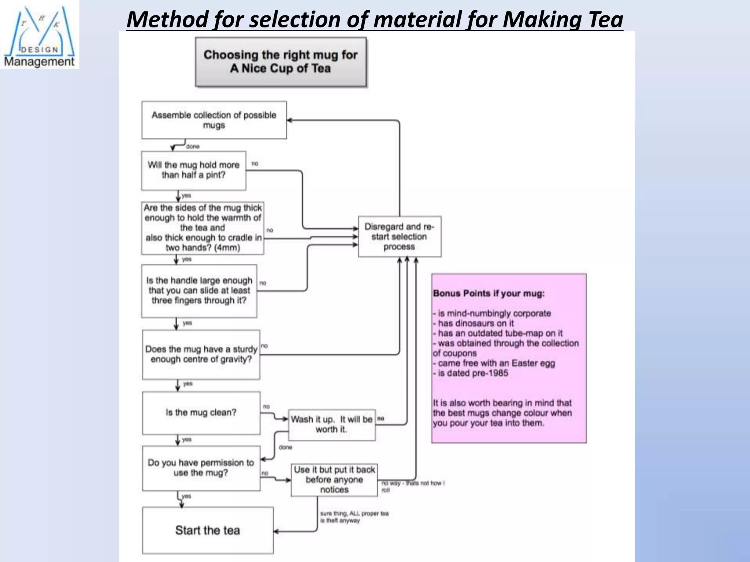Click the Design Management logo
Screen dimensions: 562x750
39,35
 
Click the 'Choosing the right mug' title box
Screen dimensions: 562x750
281,62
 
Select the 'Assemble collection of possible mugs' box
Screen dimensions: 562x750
214,120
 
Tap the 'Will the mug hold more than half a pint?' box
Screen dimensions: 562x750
193,170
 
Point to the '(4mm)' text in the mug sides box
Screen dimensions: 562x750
227,248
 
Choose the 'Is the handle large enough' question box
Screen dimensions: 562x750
199,291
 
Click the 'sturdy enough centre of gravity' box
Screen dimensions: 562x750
201,354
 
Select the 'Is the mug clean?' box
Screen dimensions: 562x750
201,413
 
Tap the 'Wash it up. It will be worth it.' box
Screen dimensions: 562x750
331,424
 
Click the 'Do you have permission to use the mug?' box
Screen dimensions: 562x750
201,468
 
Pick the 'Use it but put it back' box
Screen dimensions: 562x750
334,479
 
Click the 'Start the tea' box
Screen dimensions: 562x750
208,530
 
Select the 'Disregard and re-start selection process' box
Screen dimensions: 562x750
399,236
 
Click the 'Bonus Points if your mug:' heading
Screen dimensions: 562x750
489,293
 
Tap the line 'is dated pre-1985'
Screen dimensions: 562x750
472,373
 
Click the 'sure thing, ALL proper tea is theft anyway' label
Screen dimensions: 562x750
354,517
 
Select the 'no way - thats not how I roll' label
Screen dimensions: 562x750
412,486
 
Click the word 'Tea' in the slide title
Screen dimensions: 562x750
605,20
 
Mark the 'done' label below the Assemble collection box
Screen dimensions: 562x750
193,146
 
